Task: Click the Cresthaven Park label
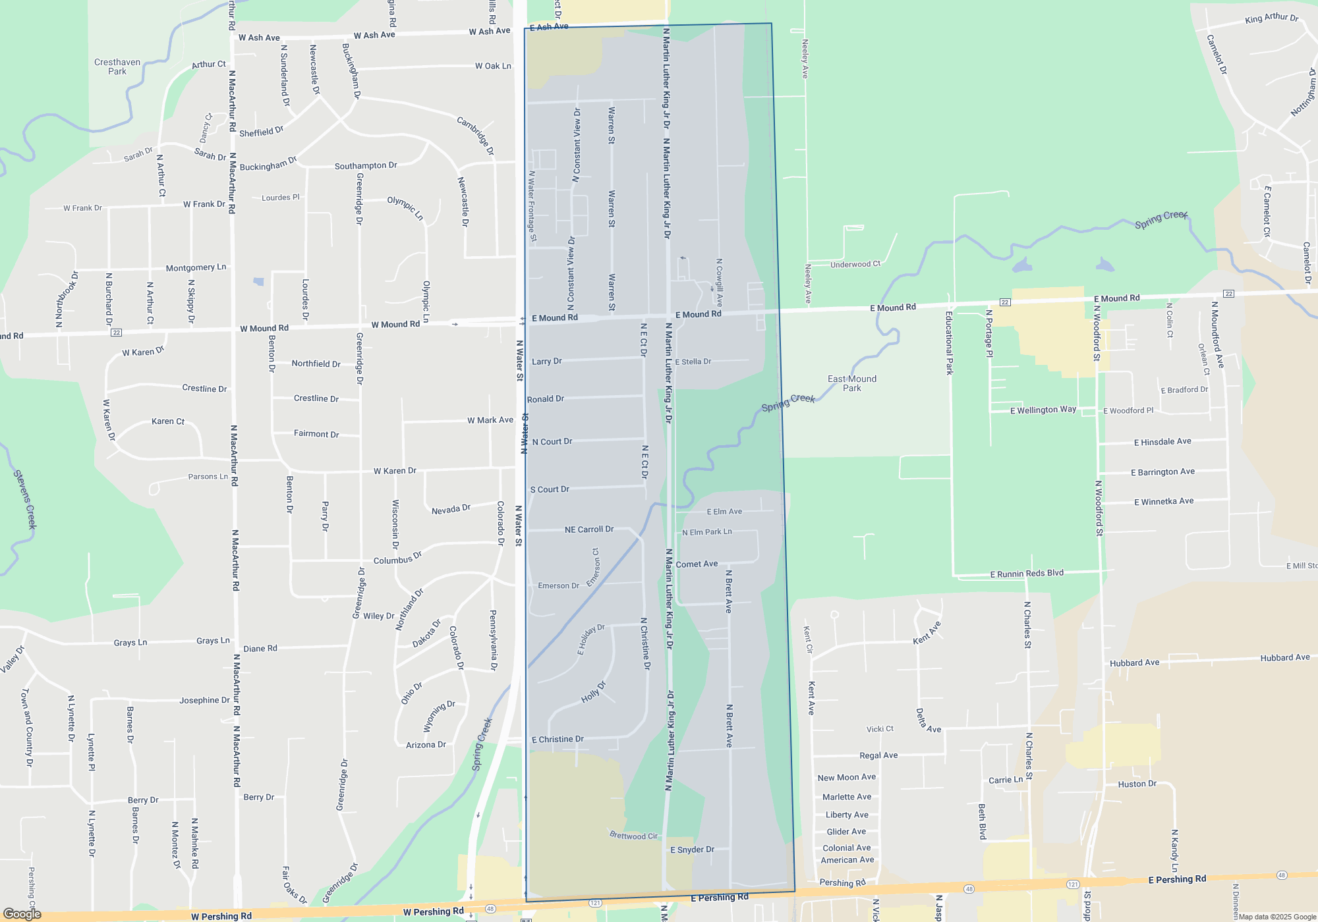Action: [117, 67]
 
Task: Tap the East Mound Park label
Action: [851, 383]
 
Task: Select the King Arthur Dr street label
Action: [1271, 18]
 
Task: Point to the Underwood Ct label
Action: [855, 264]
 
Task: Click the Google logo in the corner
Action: [22, 914]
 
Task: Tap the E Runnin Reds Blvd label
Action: [1026, 574]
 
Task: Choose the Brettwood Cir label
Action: [633, 836]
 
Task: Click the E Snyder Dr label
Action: [692, 850]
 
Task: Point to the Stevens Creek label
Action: [25, 499]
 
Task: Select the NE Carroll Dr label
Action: [588, 529]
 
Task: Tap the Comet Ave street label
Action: [697, 564]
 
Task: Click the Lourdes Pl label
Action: [280, 198]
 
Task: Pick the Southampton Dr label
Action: [366, 166]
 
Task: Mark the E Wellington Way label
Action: [1043, 410]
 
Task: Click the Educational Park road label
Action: [949, 343]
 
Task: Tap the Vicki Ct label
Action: [880, 729]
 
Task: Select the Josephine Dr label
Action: [204, 700]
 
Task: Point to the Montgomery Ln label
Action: [196, 267]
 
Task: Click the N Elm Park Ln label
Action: [706, 532]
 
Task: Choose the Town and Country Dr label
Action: [27, 728]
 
